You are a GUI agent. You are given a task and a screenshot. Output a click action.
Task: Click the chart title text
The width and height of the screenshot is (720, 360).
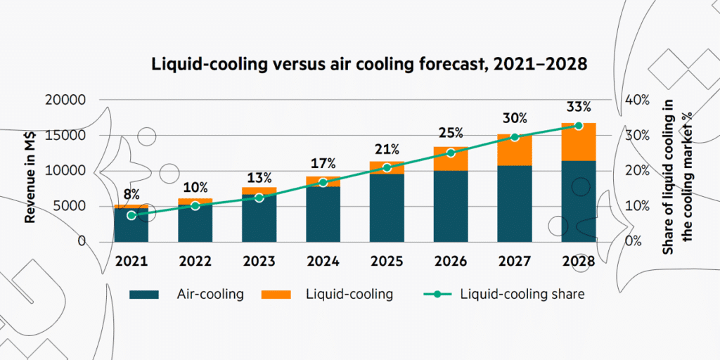tap(369, 64)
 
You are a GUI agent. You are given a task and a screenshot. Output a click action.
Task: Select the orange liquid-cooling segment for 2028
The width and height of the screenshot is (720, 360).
tap(578, 142)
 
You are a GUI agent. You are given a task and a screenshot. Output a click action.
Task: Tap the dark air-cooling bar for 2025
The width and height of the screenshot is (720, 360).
tap(387, 207)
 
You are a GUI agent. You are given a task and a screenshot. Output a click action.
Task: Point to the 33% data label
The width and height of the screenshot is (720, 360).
tap(578, 108)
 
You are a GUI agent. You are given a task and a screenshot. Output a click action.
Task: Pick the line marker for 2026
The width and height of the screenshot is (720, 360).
tap(451, 153)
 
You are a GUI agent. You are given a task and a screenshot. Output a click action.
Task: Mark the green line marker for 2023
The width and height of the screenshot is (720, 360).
tap(259, 198)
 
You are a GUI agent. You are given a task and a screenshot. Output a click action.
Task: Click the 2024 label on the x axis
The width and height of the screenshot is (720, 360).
tap(323, 261)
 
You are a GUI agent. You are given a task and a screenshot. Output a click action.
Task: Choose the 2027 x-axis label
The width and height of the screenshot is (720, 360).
tap(515, 261)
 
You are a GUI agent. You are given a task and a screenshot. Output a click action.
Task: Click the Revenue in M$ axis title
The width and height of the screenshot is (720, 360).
tap(31, 171)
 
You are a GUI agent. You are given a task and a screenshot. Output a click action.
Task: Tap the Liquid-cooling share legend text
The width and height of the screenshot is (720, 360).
tap(522, 294)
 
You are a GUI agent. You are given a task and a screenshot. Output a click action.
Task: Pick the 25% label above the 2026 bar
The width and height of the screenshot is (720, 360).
tap(451, 132)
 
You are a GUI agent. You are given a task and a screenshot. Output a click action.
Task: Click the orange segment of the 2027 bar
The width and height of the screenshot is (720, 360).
tap(515, 150)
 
